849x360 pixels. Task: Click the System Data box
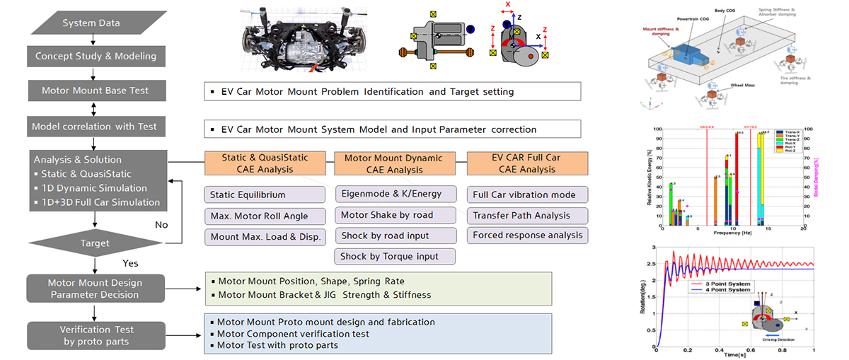pyautogui.click(x=91, y=23)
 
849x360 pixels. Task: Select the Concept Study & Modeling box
pyautogui.click(x=96, y=56)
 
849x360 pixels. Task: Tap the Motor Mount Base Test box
pyautogui.click(x=96, y=91)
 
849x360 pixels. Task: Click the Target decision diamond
pyautogui.click(x=96, y=243)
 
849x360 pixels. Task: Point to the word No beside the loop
pyautogui.click(x=162, y=225)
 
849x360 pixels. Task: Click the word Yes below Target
pyautogui.click(x=130, y=262)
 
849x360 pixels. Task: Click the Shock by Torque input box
pyautogui.click(x=395, y=256)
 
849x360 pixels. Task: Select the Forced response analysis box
pyautogui.click(x=527, y=236)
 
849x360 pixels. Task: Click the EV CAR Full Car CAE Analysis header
pyautogui.click(x=527, y=163)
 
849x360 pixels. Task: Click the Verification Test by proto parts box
pyautogui.click(x=96, y=335)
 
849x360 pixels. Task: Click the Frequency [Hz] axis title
pyautogui.click(x=731, y=231)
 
